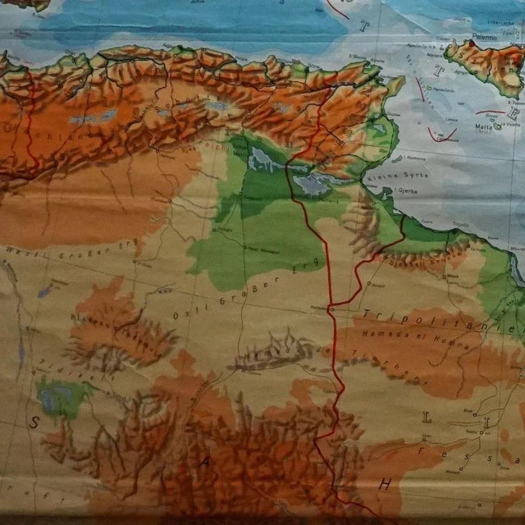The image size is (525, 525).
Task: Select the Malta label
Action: coord(468,126)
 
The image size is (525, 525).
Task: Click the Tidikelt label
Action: coord(74,367)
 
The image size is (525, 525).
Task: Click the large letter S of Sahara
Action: coord(35,422)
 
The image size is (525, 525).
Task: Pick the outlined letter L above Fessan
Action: coord(427,418)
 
